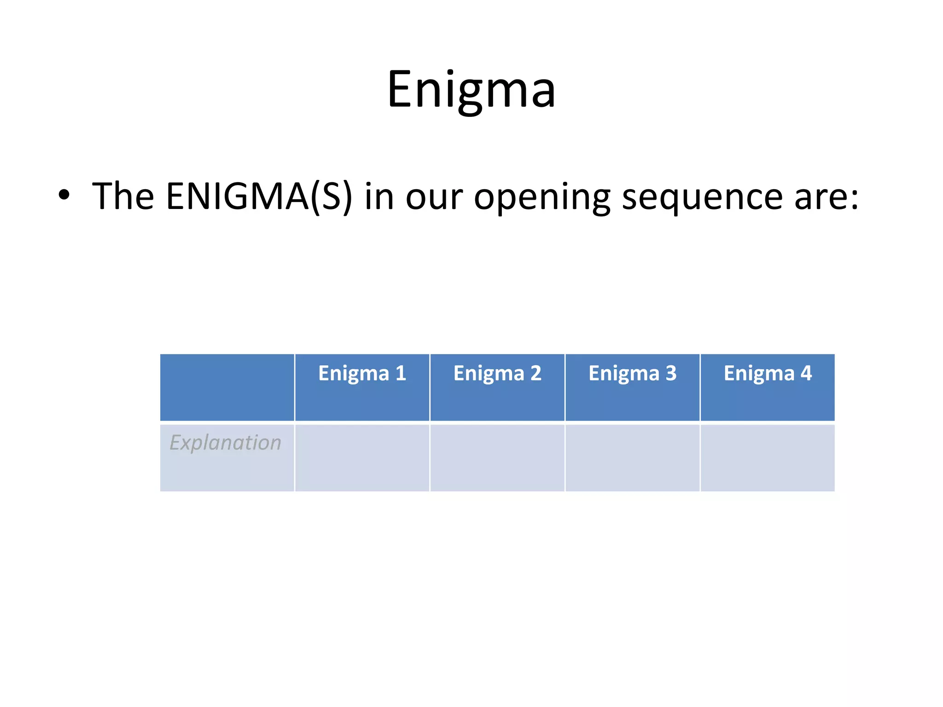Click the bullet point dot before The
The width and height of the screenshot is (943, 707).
click(x=64, y=195)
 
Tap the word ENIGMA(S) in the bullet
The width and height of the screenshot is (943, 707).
click(x=259, y=197)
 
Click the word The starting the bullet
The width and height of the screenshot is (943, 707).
click(x=123, y=197)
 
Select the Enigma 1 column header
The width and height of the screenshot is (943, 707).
click(x=362, y=373)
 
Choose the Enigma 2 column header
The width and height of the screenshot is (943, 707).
click(x=497, y=373)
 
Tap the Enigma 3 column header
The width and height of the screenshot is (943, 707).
click(x=632, y=373)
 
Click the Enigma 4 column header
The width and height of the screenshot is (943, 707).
click(x=767, y=373)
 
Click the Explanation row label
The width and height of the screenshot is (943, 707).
click(x=225, y=443)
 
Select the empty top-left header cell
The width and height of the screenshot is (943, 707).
click(x=227, y=387)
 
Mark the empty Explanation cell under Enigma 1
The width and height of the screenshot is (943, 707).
click(x=362, y=458)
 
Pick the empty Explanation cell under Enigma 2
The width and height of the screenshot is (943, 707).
click(x=497, y=458)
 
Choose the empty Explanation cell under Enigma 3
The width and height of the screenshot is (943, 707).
click(x=632, y=458)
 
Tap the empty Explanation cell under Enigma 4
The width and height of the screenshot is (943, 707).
click(x=767, y=458)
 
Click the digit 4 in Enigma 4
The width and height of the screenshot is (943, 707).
click(x=806, y=373)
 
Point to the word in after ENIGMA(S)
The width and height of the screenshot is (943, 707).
click(x=379, y=197)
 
